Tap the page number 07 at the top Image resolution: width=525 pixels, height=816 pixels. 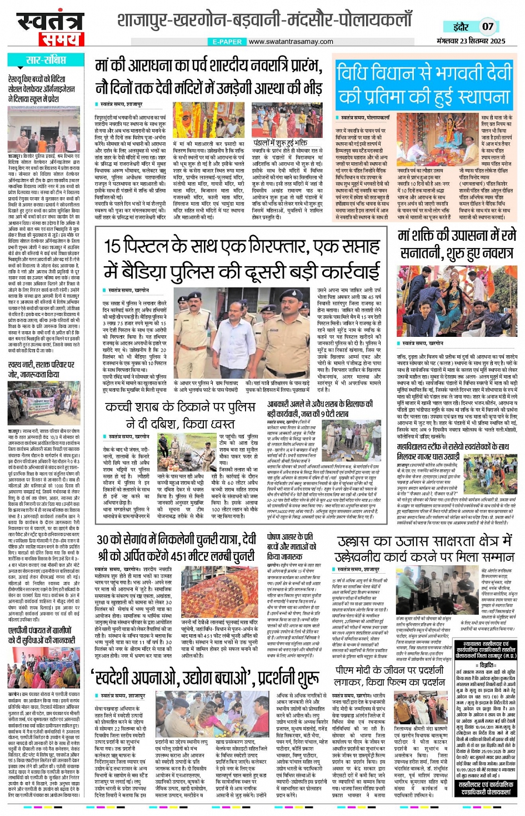(487, 26)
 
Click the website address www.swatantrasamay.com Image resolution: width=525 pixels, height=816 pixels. (291, 41)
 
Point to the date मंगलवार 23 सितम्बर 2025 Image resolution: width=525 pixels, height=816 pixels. (471, 41)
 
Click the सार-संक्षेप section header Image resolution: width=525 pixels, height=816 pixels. (47, 60)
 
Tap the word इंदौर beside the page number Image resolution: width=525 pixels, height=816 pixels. (461, 26)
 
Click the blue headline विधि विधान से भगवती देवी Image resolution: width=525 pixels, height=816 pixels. (424, 73)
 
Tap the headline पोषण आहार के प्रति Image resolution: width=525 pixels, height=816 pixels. (289, 538)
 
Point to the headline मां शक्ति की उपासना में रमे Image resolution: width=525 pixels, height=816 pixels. (457, 236)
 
